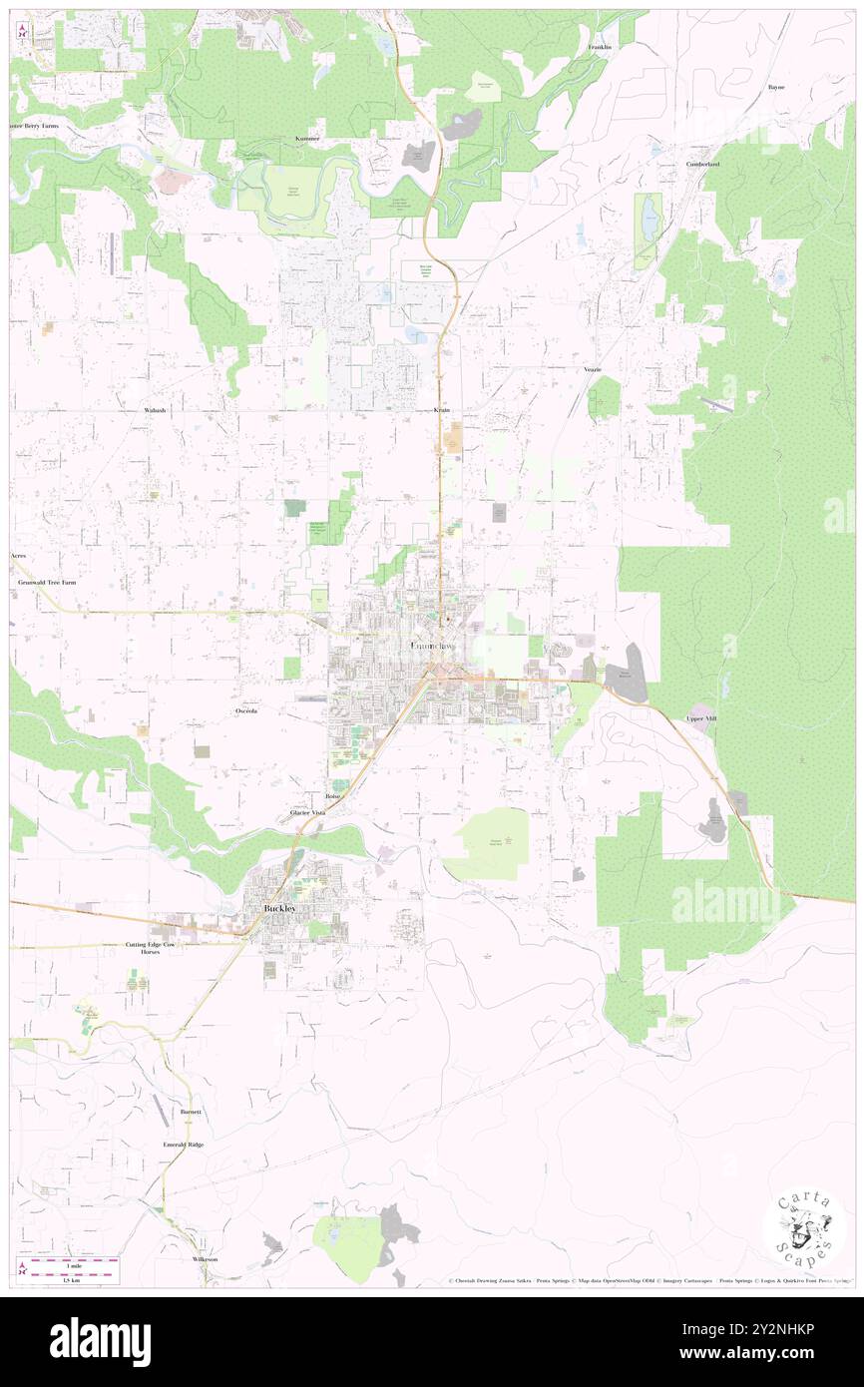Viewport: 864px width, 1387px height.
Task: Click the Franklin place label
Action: pos(599,47)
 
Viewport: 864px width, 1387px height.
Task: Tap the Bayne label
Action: pos(775,87)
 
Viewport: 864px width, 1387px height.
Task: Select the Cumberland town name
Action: pos(702,164)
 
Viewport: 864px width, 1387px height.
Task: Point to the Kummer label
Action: pos(307,138)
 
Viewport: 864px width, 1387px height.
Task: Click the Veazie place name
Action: pos(593,369)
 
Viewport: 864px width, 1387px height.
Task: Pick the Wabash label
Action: pos(155,410)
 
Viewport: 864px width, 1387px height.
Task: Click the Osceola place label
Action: pos(247,710)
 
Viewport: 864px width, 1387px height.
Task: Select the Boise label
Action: pos(333,796)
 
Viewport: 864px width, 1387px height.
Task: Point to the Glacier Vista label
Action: pos(307,813)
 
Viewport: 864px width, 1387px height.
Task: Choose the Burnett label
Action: pos(191,1111)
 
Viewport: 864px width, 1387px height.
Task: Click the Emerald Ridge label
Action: pos(184,1145)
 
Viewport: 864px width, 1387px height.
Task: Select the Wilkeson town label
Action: pos(205,1259)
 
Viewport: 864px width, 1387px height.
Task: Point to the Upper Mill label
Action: pos(701,718)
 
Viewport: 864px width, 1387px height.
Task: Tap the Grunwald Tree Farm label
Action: pos(47,581)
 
